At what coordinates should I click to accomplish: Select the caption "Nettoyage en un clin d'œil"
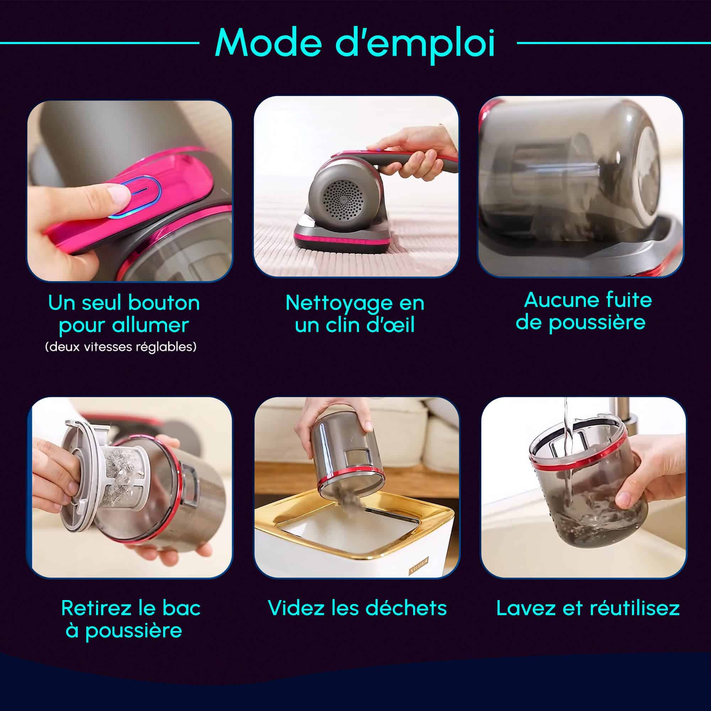(355, 314)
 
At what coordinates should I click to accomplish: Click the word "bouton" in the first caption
(164, 303)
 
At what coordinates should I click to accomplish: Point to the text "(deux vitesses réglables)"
(121, 347)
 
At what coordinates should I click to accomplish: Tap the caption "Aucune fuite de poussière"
(584, 311)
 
